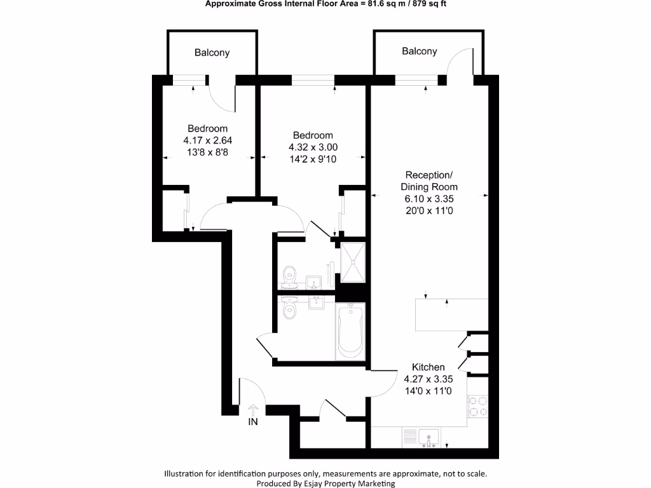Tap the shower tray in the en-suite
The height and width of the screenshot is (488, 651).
[x=353, y=262]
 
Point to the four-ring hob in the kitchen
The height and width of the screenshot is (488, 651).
[x=477, y=405]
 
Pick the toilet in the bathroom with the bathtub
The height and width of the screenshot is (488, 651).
[x=291, y=308]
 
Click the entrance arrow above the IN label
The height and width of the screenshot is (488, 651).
[x=252, y=409]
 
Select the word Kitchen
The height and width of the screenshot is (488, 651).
[x=428, y=367]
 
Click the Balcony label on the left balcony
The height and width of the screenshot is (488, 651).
[x=212, y=53]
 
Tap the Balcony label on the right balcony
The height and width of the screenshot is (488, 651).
[x=419, y=51]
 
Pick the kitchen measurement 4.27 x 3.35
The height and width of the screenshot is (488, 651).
[x=428, y=379]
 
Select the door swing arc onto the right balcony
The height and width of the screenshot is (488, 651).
[x=459, y=62]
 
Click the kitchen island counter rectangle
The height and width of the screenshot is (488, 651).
[x=441, y=315]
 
